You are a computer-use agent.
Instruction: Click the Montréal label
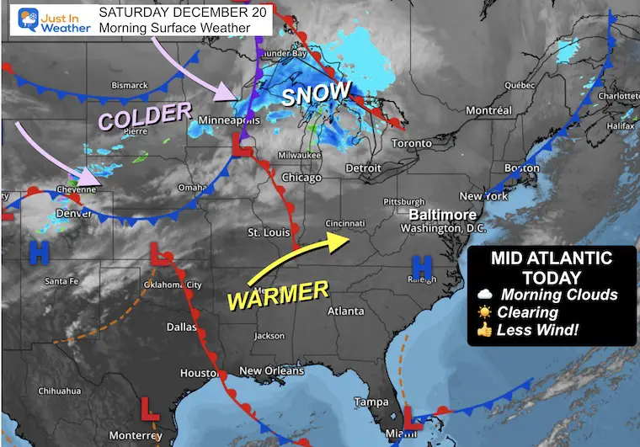click(488, 110)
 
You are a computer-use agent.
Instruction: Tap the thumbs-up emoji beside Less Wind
click(483, 329)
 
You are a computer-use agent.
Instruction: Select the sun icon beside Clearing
click(483, 311)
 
